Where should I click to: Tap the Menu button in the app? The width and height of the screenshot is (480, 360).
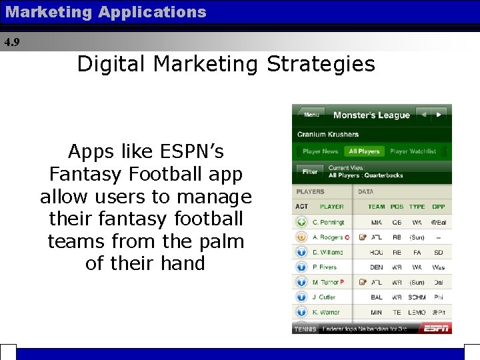pyautogui.click(x=311, y=115)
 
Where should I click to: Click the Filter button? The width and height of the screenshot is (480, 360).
pyautogui.click(x=310, y=171)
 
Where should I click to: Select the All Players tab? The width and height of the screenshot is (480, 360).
pyautogui.click(x=364, y=151)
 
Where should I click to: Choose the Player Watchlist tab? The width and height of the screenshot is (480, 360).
pyautogui.click(x=413, y=151)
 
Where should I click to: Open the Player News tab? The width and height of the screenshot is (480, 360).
pyautogui.click(x=320, y=151)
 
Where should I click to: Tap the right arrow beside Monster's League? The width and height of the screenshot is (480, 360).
pyautogui.click(x=439, y=115)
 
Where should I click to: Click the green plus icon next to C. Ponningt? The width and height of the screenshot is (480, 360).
pyautogui.click(x=301, y=222)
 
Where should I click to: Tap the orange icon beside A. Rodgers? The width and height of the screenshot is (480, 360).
pyautogui.click(x=301, y=237)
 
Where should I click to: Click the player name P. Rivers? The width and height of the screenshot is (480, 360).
pyautogui.click(x=325, y=267)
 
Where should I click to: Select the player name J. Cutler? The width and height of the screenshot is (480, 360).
pyautogui.click(x=325, y=297)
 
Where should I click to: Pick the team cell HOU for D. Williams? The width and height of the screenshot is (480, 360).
pyautogui.click(x=377, y=253)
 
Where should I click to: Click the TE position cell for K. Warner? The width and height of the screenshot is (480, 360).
pyautogui.click(x=397, y=312)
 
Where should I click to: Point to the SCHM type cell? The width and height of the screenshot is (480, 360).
pyautogui.click(x=417, y=297)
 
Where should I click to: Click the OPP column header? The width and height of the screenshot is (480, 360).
pyautogui.click(x=438, y=207)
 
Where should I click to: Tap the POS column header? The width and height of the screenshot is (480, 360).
pyautogui.click(x=397, y=207)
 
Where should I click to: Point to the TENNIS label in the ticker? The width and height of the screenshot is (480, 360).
pyautogui.click(x=305, y=329)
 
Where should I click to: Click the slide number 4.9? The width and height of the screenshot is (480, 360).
pyautogui.click(x=12, y=42)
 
